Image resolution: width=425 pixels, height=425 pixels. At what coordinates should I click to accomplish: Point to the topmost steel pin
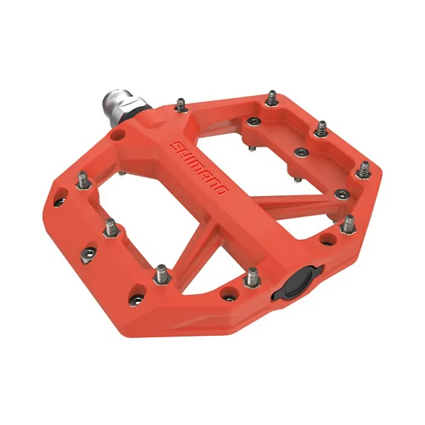pos(272,97)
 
